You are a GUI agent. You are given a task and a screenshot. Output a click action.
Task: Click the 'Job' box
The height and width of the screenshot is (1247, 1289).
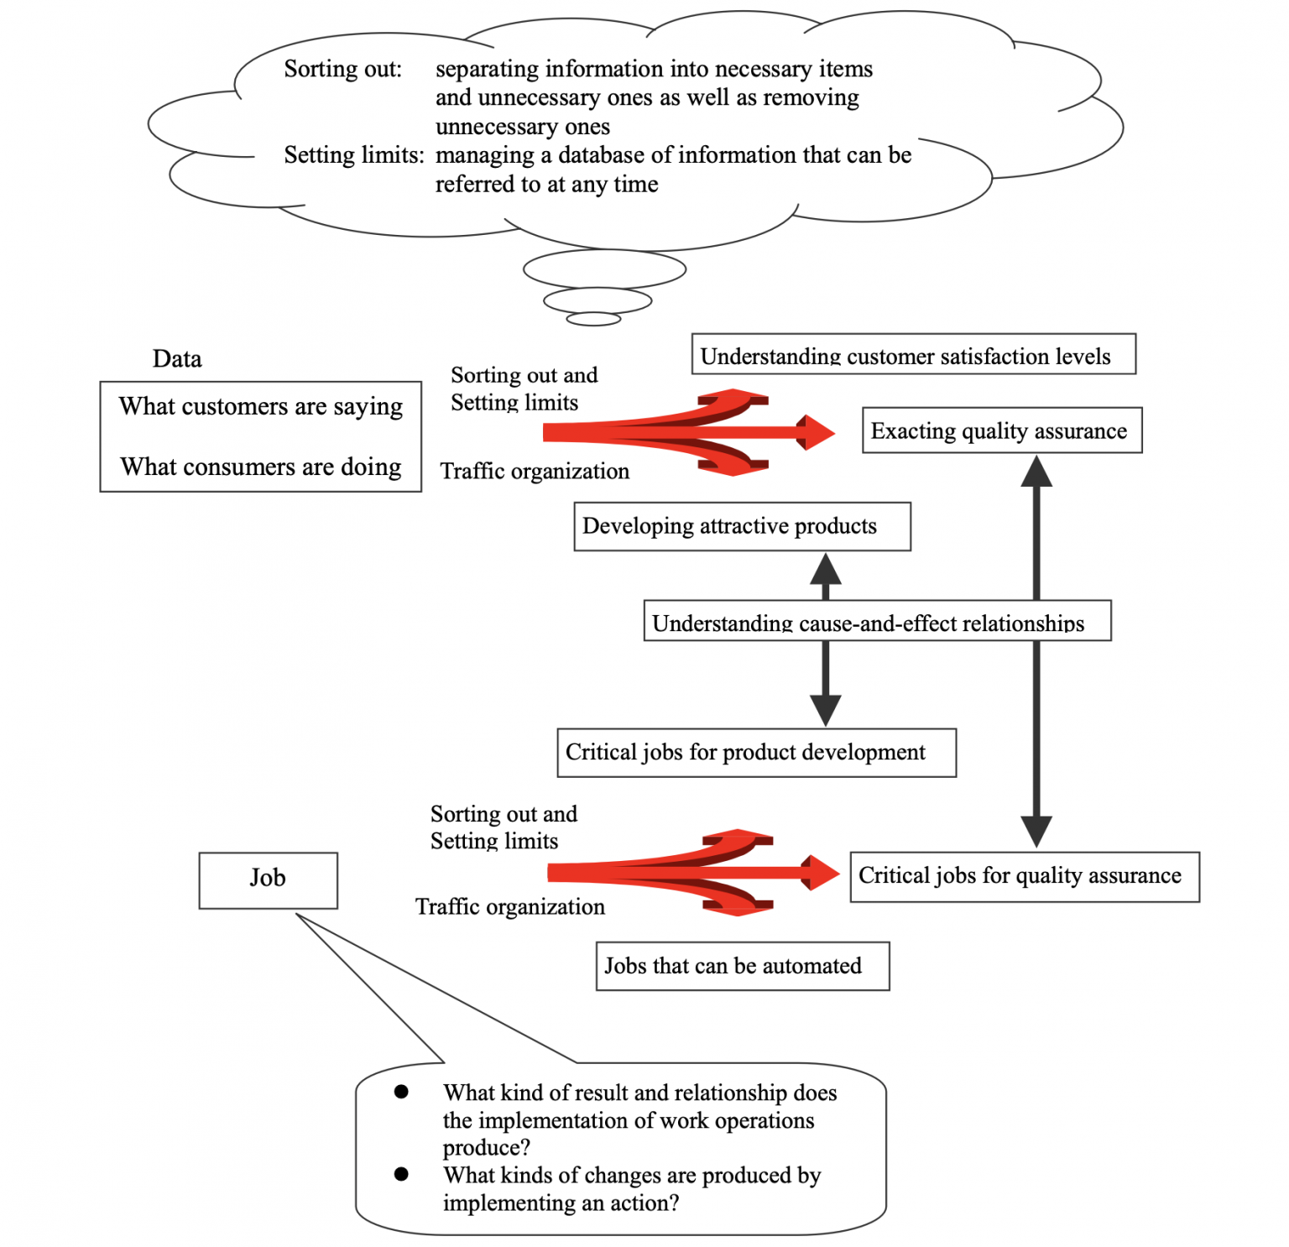(x=268, y=879)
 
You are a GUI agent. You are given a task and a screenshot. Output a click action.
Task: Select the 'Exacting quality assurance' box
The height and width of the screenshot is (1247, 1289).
(x=1001, y=430)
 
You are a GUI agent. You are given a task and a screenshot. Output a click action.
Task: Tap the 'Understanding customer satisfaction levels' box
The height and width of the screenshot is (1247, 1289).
(x=912, y=355)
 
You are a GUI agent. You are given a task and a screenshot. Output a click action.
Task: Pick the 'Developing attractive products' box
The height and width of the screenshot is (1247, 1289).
(x=742, y=526)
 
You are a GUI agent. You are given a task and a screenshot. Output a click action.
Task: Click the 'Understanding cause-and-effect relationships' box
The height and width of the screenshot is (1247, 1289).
(x=876, y=622)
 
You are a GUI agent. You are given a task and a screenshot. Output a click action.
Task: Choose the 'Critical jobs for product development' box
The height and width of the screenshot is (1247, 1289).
(x=755, y=752)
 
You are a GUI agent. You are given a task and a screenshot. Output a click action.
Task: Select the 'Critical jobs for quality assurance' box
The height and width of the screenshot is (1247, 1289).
(x=1024, y=876)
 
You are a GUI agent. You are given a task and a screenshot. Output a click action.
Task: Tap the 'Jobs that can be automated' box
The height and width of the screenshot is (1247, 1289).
(x=742, y=966)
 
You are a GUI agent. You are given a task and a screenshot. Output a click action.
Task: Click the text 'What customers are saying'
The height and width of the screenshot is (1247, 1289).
(x=260, y=407)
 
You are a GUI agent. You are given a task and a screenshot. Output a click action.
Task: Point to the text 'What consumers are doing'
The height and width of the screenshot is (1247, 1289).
(x=260, y=467)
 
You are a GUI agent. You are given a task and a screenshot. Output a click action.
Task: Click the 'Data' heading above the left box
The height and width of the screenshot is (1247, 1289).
(x=177, y=359)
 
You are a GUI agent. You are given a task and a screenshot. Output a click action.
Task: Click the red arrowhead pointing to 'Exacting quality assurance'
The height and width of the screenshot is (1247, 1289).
(x=817, y=432)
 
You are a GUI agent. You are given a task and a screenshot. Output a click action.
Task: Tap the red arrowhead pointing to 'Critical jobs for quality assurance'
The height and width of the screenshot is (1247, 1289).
(x=822, y=873)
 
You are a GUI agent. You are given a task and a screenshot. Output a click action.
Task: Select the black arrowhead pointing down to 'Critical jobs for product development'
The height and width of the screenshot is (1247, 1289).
(x=826, y=709)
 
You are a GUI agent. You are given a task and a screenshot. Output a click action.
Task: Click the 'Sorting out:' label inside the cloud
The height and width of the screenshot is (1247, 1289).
(x=342, y=69)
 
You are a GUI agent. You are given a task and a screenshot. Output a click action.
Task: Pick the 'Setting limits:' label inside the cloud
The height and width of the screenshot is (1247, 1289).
(x=353, y=155)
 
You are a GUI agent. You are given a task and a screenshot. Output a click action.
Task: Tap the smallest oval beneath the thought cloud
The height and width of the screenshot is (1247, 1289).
(x=593, y=319)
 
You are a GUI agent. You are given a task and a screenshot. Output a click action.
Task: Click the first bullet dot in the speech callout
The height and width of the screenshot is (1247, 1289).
(x=401, y=1092)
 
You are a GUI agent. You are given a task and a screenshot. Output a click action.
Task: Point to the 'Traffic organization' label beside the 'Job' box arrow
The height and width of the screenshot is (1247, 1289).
(x=510, y=907)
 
